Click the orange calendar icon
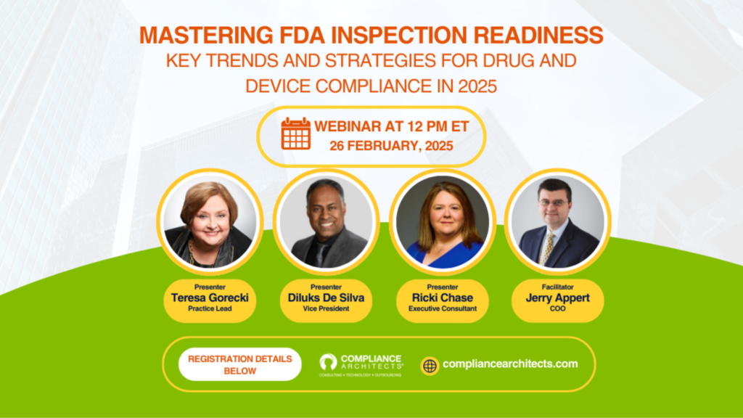[x=296, y=134]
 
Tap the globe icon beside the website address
[x=430, y=366]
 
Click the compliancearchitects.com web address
[x=510, y=364]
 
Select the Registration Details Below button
[x=239, y=364]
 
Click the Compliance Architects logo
[x=361, y=365]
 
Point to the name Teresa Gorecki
[x=210, y=298]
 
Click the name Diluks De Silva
[x=326, y=298]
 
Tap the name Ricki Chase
[x=443, y=298]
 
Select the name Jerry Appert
[x=558, y=298]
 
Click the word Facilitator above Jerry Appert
[x=558, y=287]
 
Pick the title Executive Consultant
[x=443, y=308]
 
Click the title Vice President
[x=326, y=308]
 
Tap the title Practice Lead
[x=210, y=308]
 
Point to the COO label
[x=558, y=308]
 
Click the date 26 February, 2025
[x=391, y=145]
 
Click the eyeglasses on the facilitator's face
[x=553, y=203]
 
